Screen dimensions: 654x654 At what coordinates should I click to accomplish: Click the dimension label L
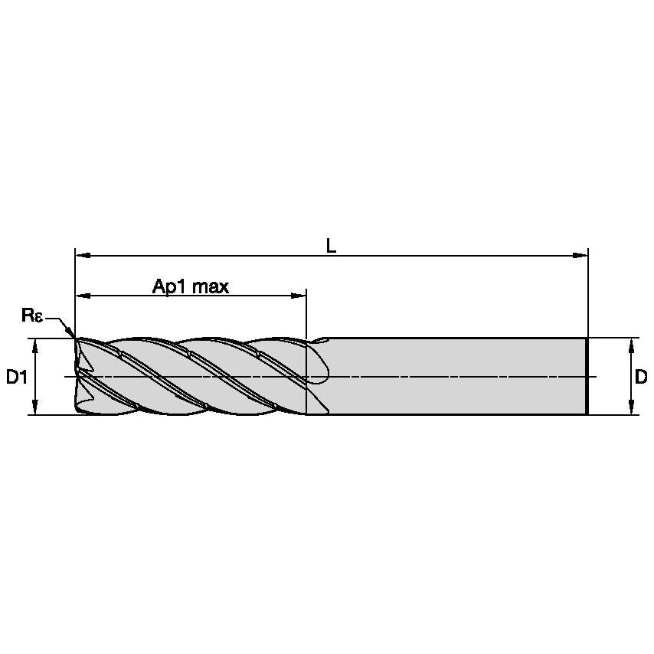(x=331, y=246)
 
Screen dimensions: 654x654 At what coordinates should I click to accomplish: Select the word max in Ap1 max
(x=211, y=286)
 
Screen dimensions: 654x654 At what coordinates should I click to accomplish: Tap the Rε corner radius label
(x=31, y=315)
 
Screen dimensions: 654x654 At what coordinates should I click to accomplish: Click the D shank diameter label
(x=641, y=377)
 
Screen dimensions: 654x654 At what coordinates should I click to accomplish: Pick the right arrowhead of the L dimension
(x=581, y=255)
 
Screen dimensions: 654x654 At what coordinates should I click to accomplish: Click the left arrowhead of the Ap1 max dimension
(x=81, y=295)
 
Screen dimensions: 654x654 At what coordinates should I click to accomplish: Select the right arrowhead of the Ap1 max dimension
(x=300, y=295)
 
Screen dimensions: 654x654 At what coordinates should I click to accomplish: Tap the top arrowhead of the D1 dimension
(x=35, y=344)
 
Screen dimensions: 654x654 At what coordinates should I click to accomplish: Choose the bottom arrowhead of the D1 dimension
(x=35, y=409)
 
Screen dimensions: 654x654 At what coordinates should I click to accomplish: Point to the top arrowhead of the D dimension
(x=630, y=344)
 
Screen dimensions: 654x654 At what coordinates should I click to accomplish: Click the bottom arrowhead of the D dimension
(x=630, y=409)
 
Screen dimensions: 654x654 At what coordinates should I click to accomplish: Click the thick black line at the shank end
(x=587, y=376)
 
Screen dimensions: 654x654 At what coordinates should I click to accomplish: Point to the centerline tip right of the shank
(x=594, y=376)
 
